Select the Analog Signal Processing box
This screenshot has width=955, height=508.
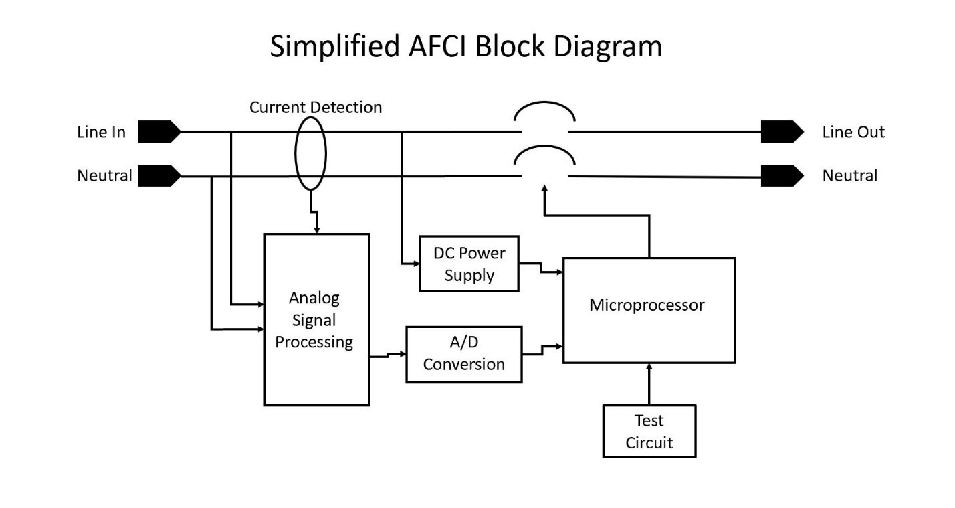tap(316, 319)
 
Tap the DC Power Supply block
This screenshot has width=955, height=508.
tap(469, 264)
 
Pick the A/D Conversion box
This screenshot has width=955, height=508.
tap(463, 354)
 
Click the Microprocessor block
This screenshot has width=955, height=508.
tap(648, 310)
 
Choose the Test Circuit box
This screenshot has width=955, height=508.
tap(649, 431)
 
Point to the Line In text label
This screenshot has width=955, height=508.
tap(101, 132)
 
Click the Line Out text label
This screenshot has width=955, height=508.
tap(853, 132)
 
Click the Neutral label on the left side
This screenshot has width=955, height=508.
tap(104, 176)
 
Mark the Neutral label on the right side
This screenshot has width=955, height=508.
tap(849, 176)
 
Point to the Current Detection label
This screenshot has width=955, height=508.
tap(316, 107)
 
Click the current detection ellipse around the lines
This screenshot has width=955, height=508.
tap(310, 153)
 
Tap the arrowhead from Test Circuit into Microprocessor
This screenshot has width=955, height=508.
tap(649, 367)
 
